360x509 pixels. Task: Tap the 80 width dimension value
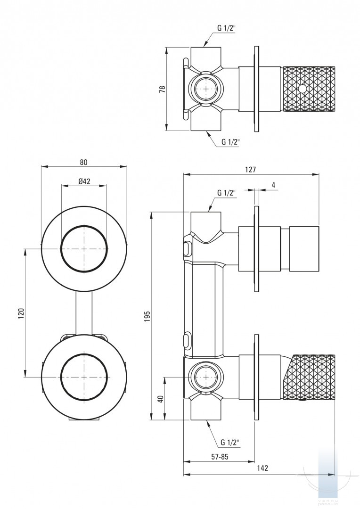click(84, 162)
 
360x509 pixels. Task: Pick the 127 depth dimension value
click(251, 170)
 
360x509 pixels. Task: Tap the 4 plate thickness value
click(273, 185)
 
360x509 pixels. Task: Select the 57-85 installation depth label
click(219, 457)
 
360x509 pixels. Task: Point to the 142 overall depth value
click(262, 468)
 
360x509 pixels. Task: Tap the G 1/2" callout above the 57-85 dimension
click(229, 442)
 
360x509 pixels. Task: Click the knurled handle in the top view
click(309, 89)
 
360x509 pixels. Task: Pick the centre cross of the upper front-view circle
click(84, 248)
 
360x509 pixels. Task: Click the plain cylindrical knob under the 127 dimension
click(304, 249)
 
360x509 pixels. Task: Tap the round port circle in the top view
click(204, 88)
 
